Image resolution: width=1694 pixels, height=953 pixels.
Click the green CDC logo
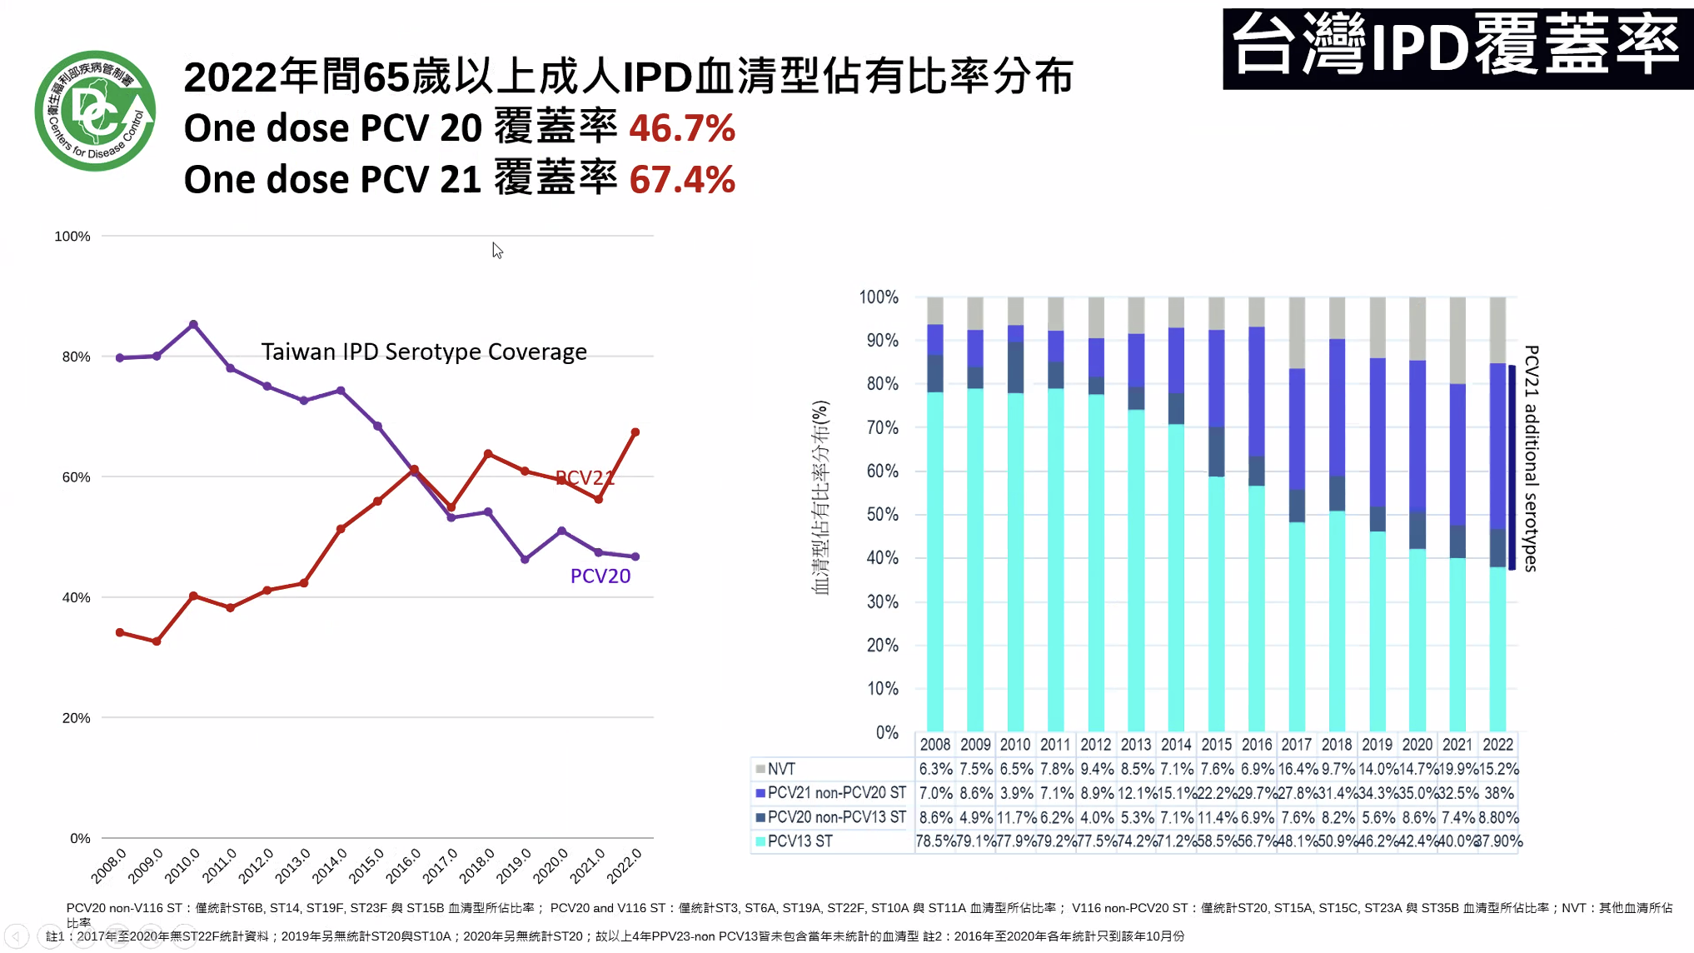(95, 111)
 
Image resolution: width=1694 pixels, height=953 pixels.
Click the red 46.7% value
(681, 128)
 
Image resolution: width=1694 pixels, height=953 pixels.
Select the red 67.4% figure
(681, 179)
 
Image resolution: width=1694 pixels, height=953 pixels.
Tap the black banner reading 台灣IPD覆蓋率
(1457, 48)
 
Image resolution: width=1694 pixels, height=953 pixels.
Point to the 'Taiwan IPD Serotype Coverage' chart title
(424, 352)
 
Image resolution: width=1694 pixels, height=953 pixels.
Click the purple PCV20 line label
(600, 576)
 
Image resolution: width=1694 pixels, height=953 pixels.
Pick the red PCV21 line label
(585, 477)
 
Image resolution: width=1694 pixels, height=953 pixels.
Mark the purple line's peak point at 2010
(193, 324)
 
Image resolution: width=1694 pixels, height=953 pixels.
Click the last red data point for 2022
(635, 432)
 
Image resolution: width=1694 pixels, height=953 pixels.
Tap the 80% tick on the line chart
(76, 357)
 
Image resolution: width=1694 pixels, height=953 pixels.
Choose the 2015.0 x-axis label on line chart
(366, 865)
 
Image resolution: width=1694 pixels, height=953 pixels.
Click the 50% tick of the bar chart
(882, 514)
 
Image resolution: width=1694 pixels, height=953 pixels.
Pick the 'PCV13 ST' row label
(800, 841)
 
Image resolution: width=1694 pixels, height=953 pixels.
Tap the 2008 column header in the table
(934, 744)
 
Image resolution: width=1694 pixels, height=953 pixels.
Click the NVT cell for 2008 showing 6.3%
(935, 769)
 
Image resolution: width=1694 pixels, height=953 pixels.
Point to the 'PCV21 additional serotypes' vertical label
(1531, 458)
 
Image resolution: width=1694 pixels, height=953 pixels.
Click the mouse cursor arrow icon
(497, 250)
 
